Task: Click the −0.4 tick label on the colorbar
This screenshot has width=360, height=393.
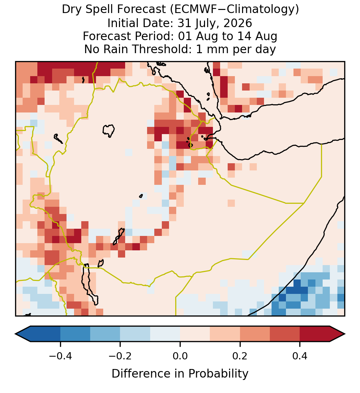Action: pyautogui.click(x=60, y=356)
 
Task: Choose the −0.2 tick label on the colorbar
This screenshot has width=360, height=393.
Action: pyautogui.click(x=120, y=356)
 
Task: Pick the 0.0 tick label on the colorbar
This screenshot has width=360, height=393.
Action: pyautogui.click(x=180, y=356)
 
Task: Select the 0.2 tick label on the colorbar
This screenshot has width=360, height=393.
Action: pyautogui.click(x=240, y=356)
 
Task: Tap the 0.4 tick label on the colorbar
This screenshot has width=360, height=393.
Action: pyautogui.click(x=300, y=356)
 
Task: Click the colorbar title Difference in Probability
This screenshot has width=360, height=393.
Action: pyautogui.click(x=180, y=374)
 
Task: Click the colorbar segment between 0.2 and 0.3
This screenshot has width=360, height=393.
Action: pyautogui.click(x=255, y=334)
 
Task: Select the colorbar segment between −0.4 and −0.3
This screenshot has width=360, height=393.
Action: pyautogui.click(x=75, y=334)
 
